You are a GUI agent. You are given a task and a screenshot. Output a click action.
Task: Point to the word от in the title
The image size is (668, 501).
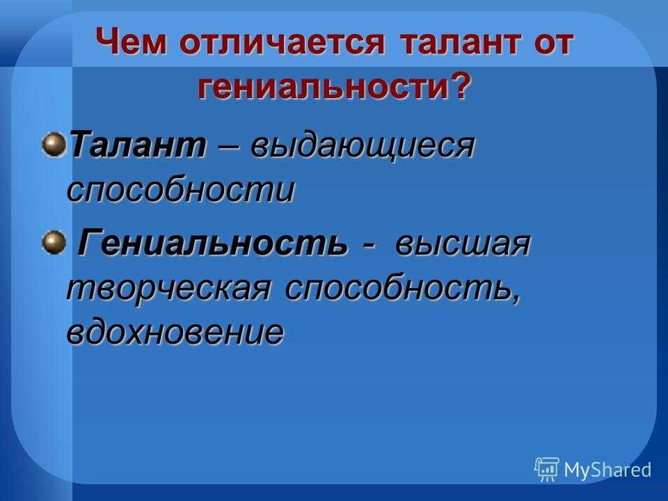click(x=553, y=42)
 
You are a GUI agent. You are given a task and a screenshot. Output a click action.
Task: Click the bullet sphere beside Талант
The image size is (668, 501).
click(x=54, y=144)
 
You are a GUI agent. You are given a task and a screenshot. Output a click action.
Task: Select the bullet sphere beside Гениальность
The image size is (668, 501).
click(x=54, y=242)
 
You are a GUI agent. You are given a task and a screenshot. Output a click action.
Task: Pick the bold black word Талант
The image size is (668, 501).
click(x=138, y=145)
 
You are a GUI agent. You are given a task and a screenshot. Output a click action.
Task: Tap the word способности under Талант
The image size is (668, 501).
click(x=181, y=188)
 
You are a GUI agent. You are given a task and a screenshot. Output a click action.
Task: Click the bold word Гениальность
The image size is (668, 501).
click(x=212, y=242)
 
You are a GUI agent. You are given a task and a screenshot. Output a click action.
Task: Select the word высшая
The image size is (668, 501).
click(x=462, y=244)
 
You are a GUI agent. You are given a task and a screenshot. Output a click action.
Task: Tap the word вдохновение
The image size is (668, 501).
click(x=175, y=331)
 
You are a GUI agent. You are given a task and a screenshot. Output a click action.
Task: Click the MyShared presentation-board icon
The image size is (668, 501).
click(x=547, y=469)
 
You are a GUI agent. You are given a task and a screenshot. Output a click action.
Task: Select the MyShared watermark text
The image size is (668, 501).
click(x=607, y=470)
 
